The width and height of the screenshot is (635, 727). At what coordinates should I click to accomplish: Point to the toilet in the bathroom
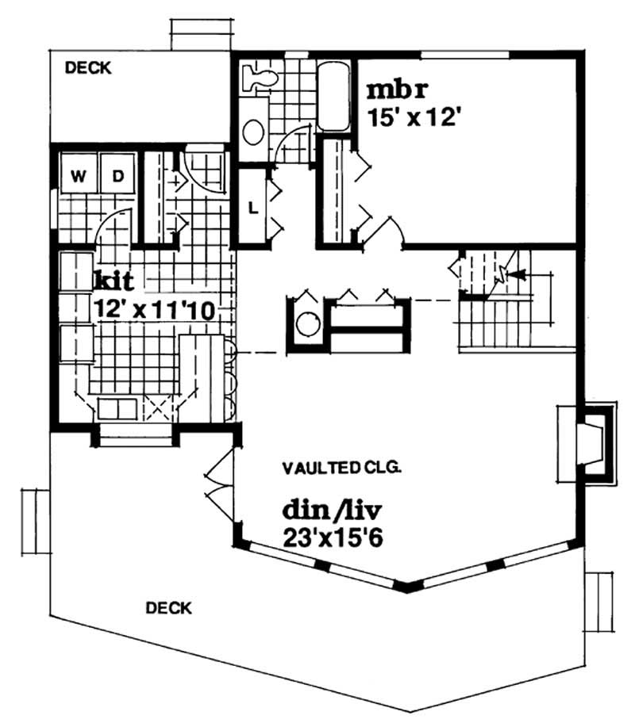260,77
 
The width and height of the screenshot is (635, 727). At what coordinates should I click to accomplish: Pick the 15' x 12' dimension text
414,116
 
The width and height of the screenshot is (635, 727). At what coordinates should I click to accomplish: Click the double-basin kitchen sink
117,409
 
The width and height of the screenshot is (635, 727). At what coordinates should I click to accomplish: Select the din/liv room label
325,507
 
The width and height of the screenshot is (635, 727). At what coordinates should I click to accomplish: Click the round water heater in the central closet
304,323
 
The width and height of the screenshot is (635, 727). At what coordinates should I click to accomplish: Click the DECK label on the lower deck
168,608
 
